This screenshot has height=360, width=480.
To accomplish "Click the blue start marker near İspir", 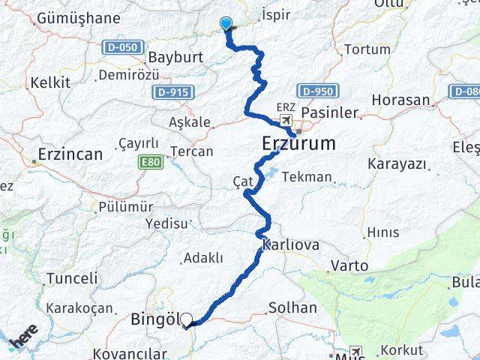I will (x=226, y=24).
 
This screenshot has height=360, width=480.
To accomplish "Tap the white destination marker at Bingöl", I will (x=186, y=319).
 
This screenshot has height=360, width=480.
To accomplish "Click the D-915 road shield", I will (x=171, y=91).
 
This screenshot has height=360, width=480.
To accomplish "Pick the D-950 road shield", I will (x=316, y=91).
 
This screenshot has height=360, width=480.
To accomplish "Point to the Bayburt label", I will (x=177, y=57).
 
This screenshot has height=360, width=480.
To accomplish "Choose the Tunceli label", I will (x=72, y=278).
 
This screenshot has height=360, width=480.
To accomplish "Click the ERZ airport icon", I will (x=286, y=120).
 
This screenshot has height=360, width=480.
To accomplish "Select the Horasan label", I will (x=400, y=100).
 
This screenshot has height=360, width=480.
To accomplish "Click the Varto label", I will (x=349, y=265).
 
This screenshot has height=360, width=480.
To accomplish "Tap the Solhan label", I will (x=292, y=308).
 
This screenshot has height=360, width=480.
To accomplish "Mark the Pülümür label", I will (x=125, y=206).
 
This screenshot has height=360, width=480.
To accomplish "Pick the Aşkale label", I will (x=190, y=121).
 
